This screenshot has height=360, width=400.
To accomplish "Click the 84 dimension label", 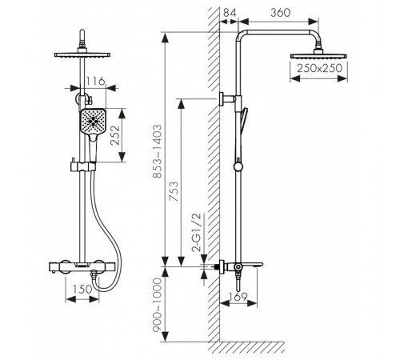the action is tap(230, 13).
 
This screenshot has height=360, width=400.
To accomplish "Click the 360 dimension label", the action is tap(280, 13).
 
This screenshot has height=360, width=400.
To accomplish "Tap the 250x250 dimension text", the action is tap(319, 68).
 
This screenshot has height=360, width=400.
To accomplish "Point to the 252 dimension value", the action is tap(115, 135).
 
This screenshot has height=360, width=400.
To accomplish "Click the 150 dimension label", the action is tap(82, 289).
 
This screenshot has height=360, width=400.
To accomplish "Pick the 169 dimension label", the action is tap(238, 297).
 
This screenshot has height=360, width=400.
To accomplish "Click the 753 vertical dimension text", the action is tap(174, 191).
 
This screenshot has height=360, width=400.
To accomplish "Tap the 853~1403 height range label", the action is tap(157, 151).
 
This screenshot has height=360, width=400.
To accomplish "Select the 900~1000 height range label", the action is tap(157, 305).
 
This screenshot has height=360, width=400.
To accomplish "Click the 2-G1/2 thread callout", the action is tap(197, 233).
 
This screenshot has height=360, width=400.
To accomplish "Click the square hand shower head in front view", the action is tap(92, 121).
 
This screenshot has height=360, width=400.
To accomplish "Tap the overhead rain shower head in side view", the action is tap(318, 56).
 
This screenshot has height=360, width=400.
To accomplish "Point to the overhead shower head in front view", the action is tap(82, 55).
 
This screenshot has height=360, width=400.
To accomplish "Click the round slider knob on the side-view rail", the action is tap(238, 167).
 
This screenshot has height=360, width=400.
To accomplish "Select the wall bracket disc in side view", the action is tap(222, 99).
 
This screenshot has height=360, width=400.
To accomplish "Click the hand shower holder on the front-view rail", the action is tap(82, 166).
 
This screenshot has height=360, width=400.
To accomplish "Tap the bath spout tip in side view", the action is tap(262, 265).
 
